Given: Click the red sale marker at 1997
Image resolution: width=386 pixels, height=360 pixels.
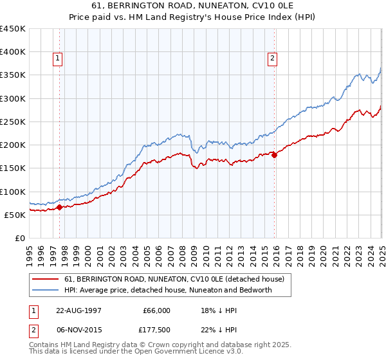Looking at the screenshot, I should coord(59,207).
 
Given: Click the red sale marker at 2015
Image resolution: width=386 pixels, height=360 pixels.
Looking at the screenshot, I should coord(274,155).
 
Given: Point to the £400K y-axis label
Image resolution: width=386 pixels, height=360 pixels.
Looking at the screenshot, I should coord(13,52).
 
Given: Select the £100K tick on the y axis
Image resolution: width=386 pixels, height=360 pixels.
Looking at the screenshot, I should coord(13,192).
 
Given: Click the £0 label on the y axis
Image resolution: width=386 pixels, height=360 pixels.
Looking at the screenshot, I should coord(19,238).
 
